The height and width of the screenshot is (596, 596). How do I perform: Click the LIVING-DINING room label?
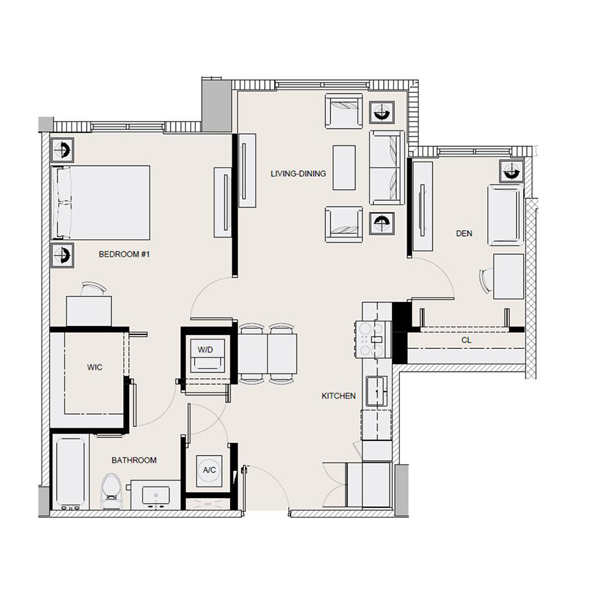coord(298,174)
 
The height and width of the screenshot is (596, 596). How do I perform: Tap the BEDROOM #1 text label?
coord(125,254)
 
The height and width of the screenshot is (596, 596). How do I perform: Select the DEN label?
coord(464,233)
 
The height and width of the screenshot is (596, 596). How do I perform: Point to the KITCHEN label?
coord(338,395)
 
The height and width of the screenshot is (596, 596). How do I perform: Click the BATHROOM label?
coord(134,460)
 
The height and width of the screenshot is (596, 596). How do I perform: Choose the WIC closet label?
coord(93,366)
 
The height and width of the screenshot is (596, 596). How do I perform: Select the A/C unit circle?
coord(210,470)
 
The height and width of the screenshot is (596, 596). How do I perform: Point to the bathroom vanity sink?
coord(157,495)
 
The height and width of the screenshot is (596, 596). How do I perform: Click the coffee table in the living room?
coord(344,168)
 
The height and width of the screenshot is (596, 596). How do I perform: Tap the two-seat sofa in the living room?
coord(386,168)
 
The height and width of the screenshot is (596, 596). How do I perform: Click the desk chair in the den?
coord(486,279)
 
